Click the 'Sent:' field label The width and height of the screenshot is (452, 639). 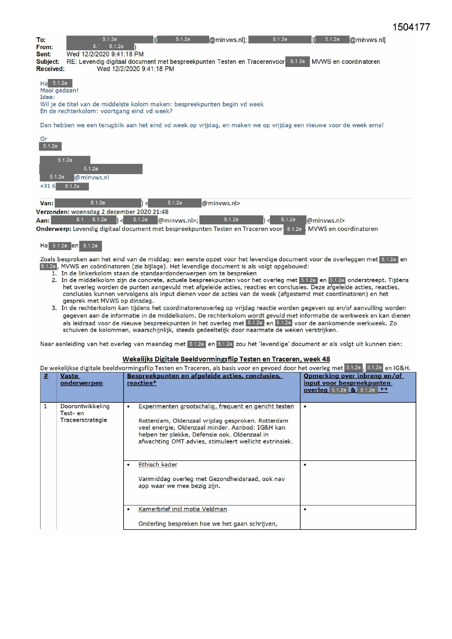click(44, 54)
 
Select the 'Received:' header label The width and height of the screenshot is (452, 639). click(50, 69)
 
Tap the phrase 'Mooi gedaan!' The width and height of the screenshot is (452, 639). click(59, 90)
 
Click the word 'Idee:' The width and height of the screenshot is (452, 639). click(47, 97)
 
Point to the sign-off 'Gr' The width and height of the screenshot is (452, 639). click(44, 139)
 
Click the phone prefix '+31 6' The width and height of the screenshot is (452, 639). click(48, 186)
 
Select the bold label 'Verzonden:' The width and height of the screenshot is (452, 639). click(52, 212)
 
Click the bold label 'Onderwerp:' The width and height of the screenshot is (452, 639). click(54, 229)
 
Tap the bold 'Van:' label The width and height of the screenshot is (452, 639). click(46, 203)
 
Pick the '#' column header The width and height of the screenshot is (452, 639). click(46, 376)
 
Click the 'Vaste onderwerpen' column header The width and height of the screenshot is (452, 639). click(81, 379)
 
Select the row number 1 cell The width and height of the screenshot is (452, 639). click(45, 406)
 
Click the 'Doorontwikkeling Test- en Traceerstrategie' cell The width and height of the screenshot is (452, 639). click(85, 413)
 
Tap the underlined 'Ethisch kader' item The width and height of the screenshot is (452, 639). click(158, 465)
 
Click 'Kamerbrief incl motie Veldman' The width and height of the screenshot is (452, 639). click(182, 509)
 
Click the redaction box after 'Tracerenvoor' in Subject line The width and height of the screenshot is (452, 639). click(297, 61)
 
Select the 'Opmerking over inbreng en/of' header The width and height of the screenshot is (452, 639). click(353, 376)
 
